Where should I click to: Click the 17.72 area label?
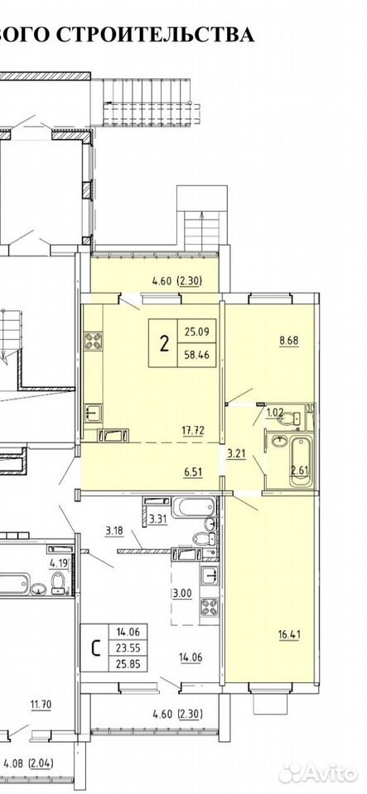tap(196, 430)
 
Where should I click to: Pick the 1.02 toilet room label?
tap(275, 412)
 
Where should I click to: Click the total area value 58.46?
tap(196, 356)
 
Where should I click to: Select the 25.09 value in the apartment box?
tap(196, 332)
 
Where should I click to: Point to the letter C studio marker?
tap(94, 648)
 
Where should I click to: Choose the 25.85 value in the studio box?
tap(128, 662)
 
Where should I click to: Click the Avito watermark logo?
tap(318, 772)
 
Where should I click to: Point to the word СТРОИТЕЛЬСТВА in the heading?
tap(155, 35)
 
